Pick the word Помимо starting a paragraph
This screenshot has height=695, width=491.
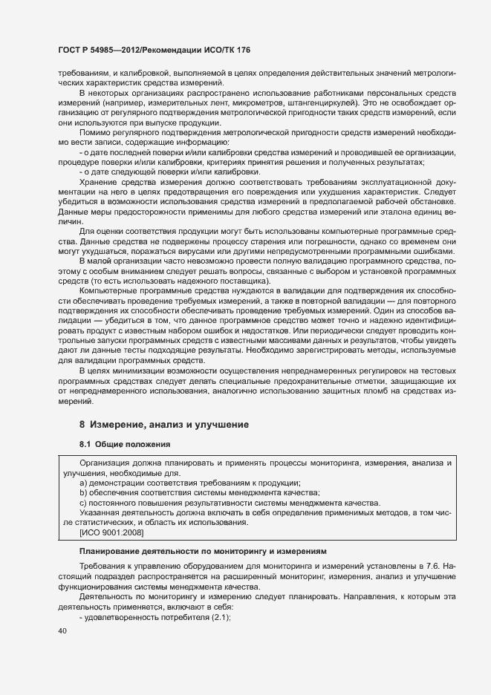94,132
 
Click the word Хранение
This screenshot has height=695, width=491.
97,182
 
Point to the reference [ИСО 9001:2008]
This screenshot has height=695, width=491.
111,533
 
